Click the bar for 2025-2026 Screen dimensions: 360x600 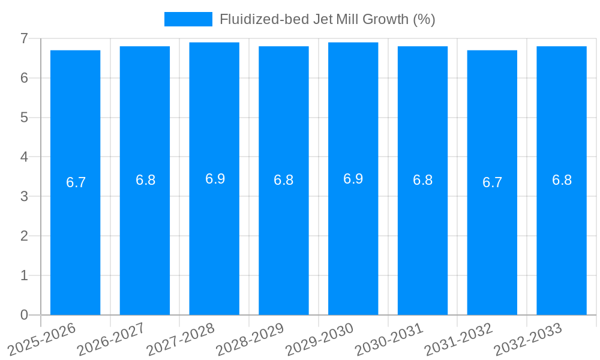click(75, 240)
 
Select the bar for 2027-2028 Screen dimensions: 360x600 click(214, 240)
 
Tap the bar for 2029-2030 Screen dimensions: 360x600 click(353, 240)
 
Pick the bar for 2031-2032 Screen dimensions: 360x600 click(492, 240)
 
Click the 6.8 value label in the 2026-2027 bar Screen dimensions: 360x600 click(145, 180)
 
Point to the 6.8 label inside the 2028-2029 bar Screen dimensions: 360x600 click(283, 180)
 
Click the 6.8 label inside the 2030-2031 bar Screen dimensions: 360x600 click(422, 180)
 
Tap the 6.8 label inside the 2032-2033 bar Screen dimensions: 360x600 click(562, 180)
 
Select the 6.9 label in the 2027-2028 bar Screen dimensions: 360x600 click(215, 179)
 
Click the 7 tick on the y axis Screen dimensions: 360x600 click(24, 38)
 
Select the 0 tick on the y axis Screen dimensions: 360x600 click(24, 315)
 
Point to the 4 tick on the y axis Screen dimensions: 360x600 click(24, 157)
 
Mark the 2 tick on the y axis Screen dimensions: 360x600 click(24, 236)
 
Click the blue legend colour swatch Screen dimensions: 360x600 click(188, 19)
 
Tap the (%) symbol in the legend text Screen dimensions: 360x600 click(424, 19)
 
